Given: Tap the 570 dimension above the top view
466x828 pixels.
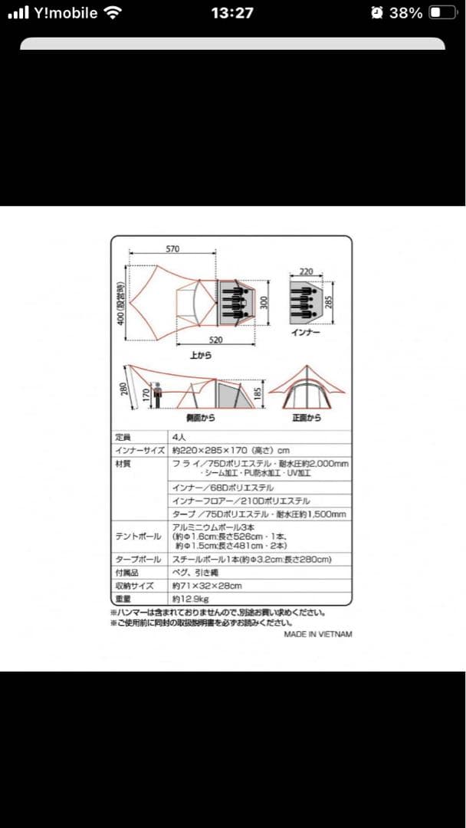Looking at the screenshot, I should pyautogui.click(x=172, y=248).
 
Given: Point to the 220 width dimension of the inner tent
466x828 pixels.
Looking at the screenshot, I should pyautogui.click(x=307, y=271).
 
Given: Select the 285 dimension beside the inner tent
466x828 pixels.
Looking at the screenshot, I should pyautogui.click(x=330, y=302).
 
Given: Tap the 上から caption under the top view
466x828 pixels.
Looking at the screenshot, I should pyautogui.click(x=200, y=355).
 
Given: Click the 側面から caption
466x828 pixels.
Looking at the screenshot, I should pyautogui.click(x=200, y=418).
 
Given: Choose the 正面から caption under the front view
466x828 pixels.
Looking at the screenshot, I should pyautogui.click(x=307, y=418).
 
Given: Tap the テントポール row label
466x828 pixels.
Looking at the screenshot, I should pyautogui.click(x=136, y=536).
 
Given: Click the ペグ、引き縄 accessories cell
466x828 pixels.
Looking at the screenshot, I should pyautogui.click(x=195, y=573).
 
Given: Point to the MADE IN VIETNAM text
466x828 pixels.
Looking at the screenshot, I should pyautogui.click(x=318, y=634).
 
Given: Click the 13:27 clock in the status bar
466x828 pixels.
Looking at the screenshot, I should pyautogui.click(x=232, y=13).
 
